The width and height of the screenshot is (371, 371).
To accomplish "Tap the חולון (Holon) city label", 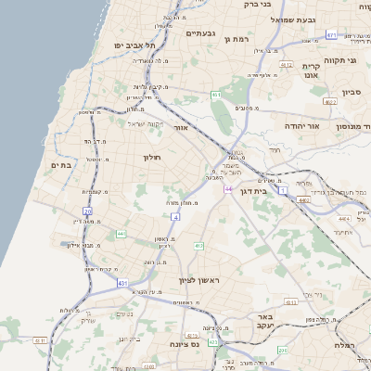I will (152, 158).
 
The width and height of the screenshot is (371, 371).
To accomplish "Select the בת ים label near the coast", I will (60, 164).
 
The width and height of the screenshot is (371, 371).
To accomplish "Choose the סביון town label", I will (354, 92).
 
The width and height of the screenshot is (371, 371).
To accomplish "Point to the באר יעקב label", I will (263, 321).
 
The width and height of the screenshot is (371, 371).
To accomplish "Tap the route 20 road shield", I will (87, 211).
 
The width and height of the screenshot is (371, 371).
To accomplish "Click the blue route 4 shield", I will (174, 215).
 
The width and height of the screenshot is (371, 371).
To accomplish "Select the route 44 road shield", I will (227, 188).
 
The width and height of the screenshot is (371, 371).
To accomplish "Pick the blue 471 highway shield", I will (331, 35).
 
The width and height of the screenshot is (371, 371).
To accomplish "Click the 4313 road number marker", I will (291, 302).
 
